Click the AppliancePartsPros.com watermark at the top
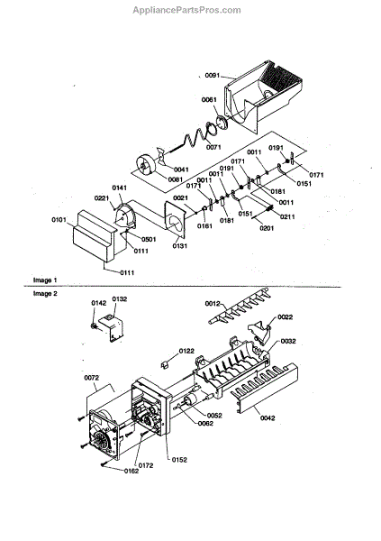point(190,10)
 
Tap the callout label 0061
point(208,100)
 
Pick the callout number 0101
point(59,218)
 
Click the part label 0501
point(123,240)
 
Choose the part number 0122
point(186,350)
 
